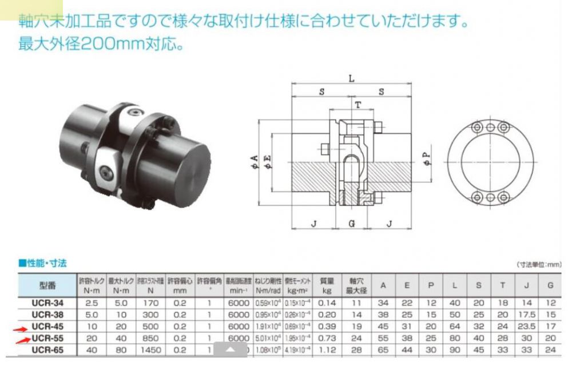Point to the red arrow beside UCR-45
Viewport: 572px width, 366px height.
21,328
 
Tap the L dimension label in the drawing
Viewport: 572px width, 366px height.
352,79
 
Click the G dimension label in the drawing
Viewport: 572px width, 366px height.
352,224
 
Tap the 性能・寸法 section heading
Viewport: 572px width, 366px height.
43,264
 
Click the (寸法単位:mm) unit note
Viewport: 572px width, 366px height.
539,265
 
